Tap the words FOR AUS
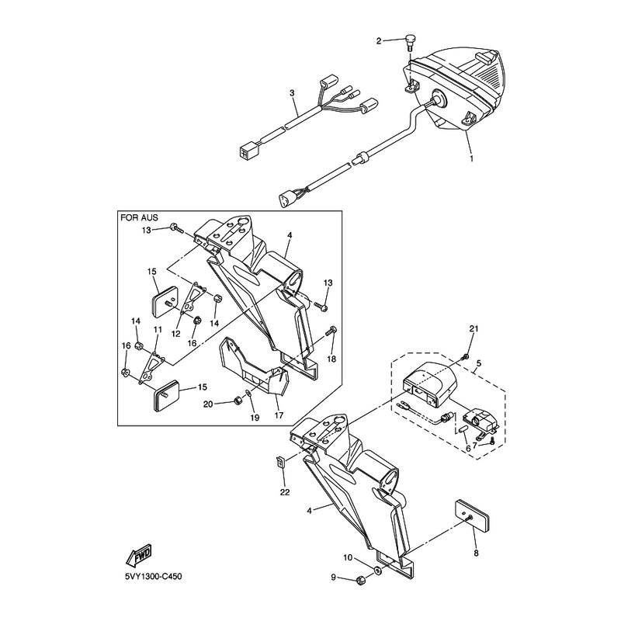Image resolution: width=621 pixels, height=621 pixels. [x=139, y=217]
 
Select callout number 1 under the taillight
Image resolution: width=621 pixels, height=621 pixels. [x=471, y=158]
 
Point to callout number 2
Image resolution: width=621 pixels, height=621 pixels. [x=379, y=41]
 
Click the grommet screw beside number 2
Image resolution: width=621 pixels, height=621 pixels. [x=410, y=43]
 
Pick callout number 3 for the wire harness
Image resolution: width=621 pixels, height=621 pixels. [x=293, y=93]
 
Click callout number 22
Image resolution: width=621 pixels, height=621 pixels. [x=285, y=492]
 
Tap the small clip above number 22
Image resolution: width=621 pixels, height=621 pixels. [x=281, y=462]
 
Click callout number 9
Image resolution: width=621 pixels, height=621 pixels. [x=333, y=578]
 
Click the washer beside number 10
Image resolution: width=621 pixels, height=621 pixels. [x=377, y=571]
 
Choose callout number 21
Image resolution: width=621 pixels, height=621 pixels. [x=474, y=328]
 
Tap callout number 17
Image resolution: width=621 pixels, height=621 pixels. [x=279, y=415]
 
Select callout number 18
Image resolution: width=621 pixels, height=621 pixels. [x=331, y=359]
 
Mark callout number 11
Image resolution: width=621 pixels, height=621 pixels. [x=158, y=329]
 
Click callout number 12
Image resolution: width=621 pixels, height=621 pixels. [x=176, y=334]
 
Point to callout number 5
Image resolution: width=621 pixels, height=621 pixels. [x=479, y=363]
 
